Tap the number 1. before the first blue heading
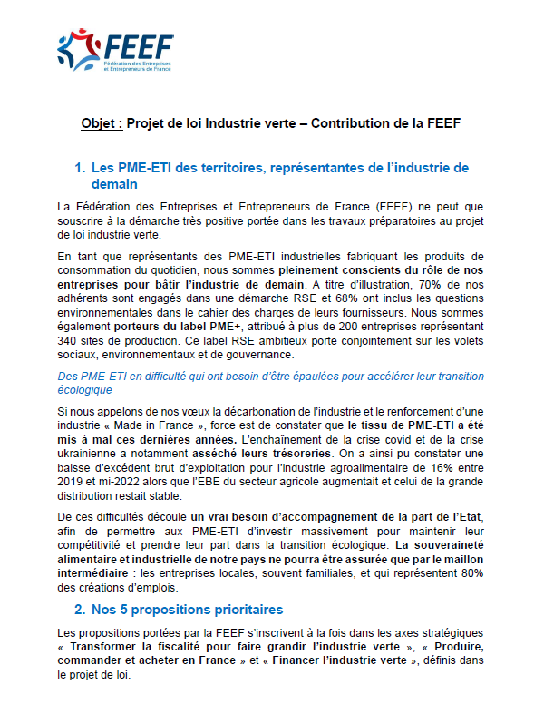click(x=80, y=167)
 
